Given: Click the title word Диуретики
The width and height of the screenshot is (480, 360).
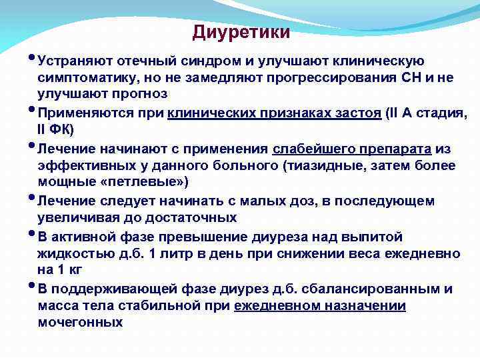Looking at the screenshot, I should click(x=241, y=32).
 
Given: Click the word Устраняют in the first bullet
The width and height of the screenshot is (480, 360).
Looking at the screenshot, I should click(x=75, y=62).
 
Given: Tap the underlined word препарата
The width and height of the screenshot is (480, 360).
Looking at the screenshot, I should click(x=393, y=148).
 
